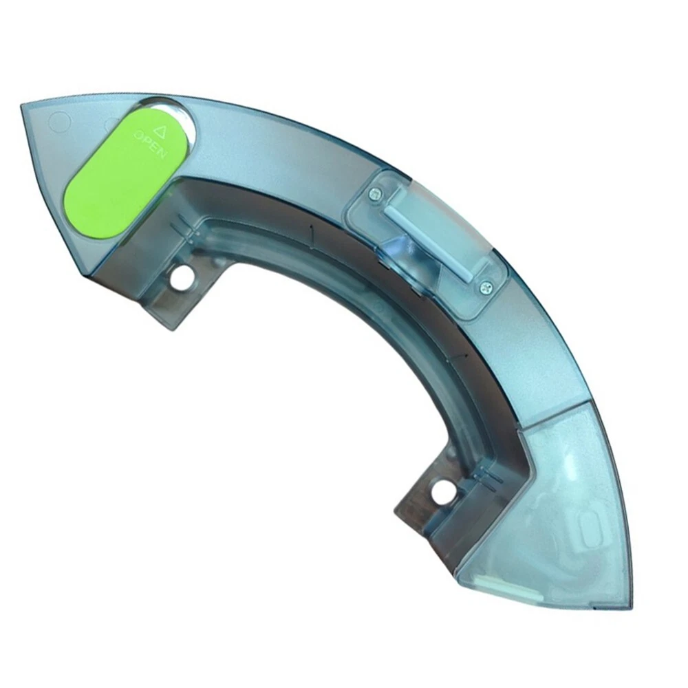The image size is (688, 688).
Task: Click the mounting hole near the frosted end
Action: (x=441, y=492)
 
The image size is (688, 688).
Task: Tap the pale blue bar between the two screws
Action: (x=429, y=241)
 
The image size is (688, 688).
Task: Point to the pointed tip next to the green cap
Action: (x=22, y=105)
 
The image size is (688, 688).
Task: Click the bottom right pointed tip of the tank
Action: (x=632, y=609)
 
